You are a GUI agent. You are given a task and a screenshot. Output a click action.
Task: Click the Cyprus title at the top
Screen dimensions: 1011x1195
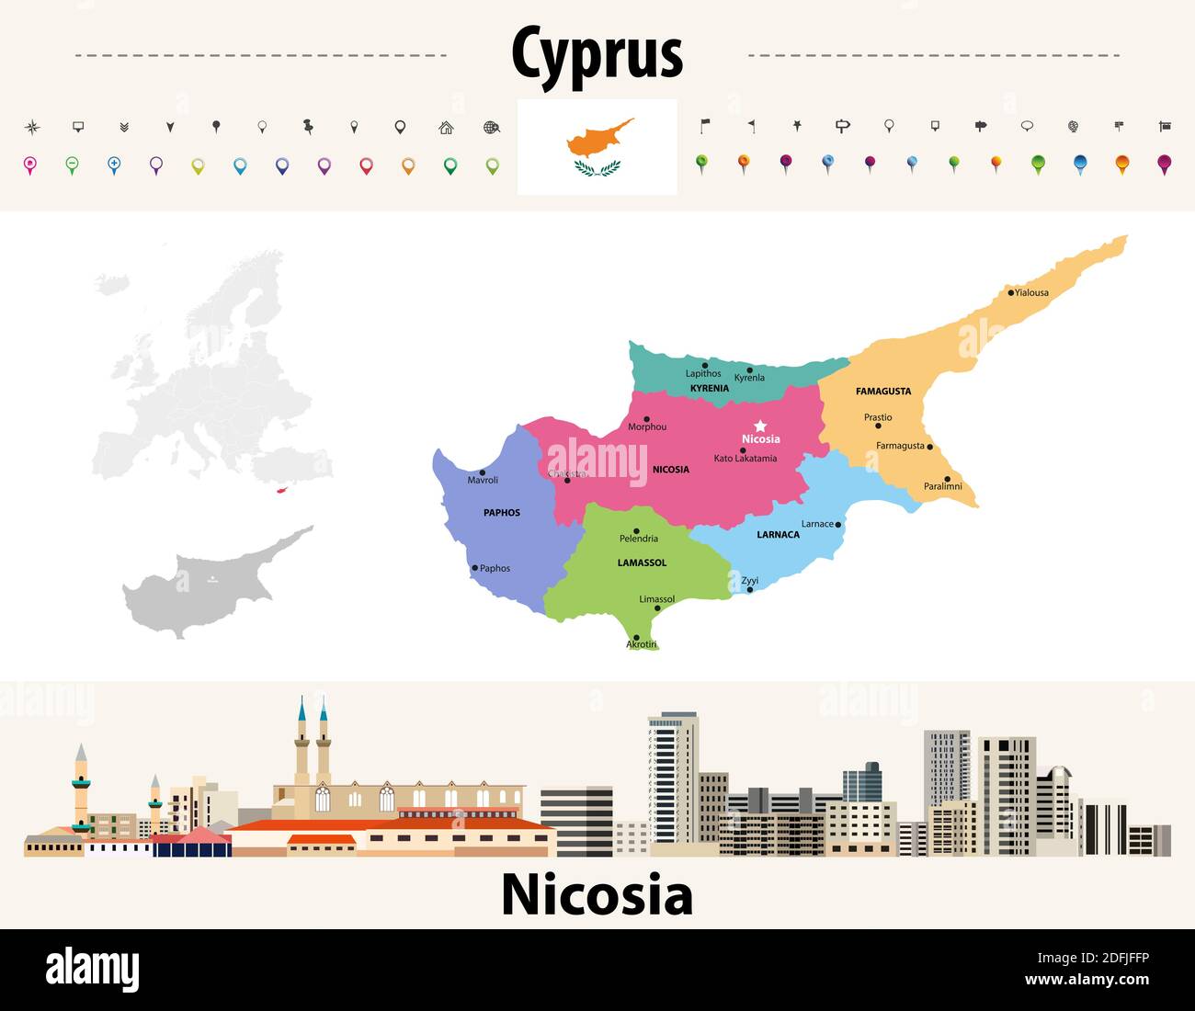tap(597, 52)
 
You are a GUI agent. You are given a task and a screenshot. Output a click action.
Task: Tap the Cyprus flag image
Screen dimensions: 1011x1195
tap(597, 147)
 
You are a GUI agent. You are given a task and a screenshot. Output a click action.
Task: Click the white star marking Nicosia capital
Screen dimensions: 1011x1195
tap(760, 426)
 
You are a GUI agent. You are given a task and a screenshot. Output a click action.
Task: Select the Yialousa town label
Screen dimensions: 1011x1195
tap(1031, 293)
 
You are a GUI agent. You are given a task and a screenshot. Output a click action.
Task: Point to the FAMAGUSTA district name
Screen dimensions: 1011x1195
tap(883, 392)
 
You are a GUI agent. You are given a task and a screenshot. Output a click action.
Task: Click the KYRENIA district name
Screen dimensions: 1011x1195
tap(710, 389)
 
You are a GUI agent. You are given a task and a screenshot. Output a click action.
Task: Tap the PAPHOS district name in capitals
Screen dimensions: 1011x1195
tap(502, 513)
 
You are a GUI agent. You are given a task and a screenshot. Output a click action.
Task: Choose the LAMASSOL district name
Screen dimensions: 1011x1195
tap(643, 562)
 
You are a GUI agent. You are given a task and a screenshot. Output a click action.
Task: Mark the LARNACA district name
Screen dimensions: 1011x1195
tap(778, 535)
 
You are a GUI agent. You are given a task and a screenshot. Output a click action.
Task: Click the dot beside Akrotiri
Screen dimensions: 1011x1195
tap(636, 638)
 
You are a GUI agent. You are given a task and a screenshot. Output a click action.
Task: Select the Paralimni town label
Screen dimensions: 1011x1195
tap(943, 486)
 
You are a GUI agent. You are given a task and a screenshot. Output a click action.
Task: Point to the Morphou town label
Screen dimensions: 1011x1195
tap(647, 427)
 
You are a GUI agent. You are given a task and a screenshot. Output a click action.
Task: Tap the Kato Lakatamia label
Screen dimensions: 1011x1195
tap(745, 459)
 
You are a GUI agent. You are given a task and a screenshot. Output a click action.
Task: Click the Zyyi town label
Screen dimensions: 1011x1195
tap(750, 581)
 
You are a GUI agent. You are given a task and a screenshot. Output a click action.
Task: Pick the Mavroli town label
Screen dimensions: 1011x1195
tap(483, 481)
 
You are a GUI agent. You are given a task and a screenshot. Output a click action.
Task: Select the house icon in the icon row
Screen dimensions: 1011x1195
tap(446, 128)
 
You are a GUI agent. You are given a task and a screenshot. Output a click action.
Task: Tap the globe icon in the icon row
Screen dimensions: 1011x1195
tap(492, 128)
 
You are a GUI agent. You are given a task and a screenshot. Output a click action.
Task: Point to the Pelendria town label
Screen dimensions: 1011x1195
tap(639, 539)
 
